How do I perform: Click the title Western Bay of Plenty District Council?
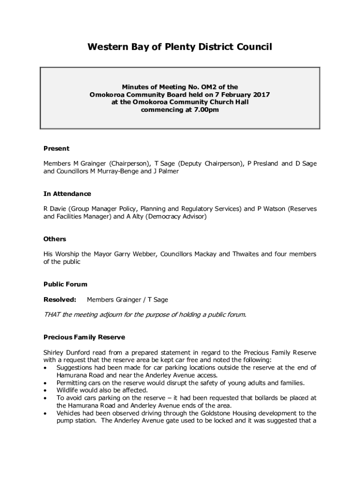(180, 47)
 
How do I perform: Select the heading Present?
(56, 148)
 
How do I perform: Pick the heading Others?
(55, 239)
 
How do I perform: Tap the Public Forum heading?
(65, 284)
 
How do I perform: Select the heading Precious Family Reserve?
(84, 337)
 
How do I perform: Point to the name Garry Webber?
(135, 254)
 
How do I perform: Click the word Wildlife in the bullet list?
(68, 390)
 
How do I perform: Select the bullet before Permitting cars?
(45, 383)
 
